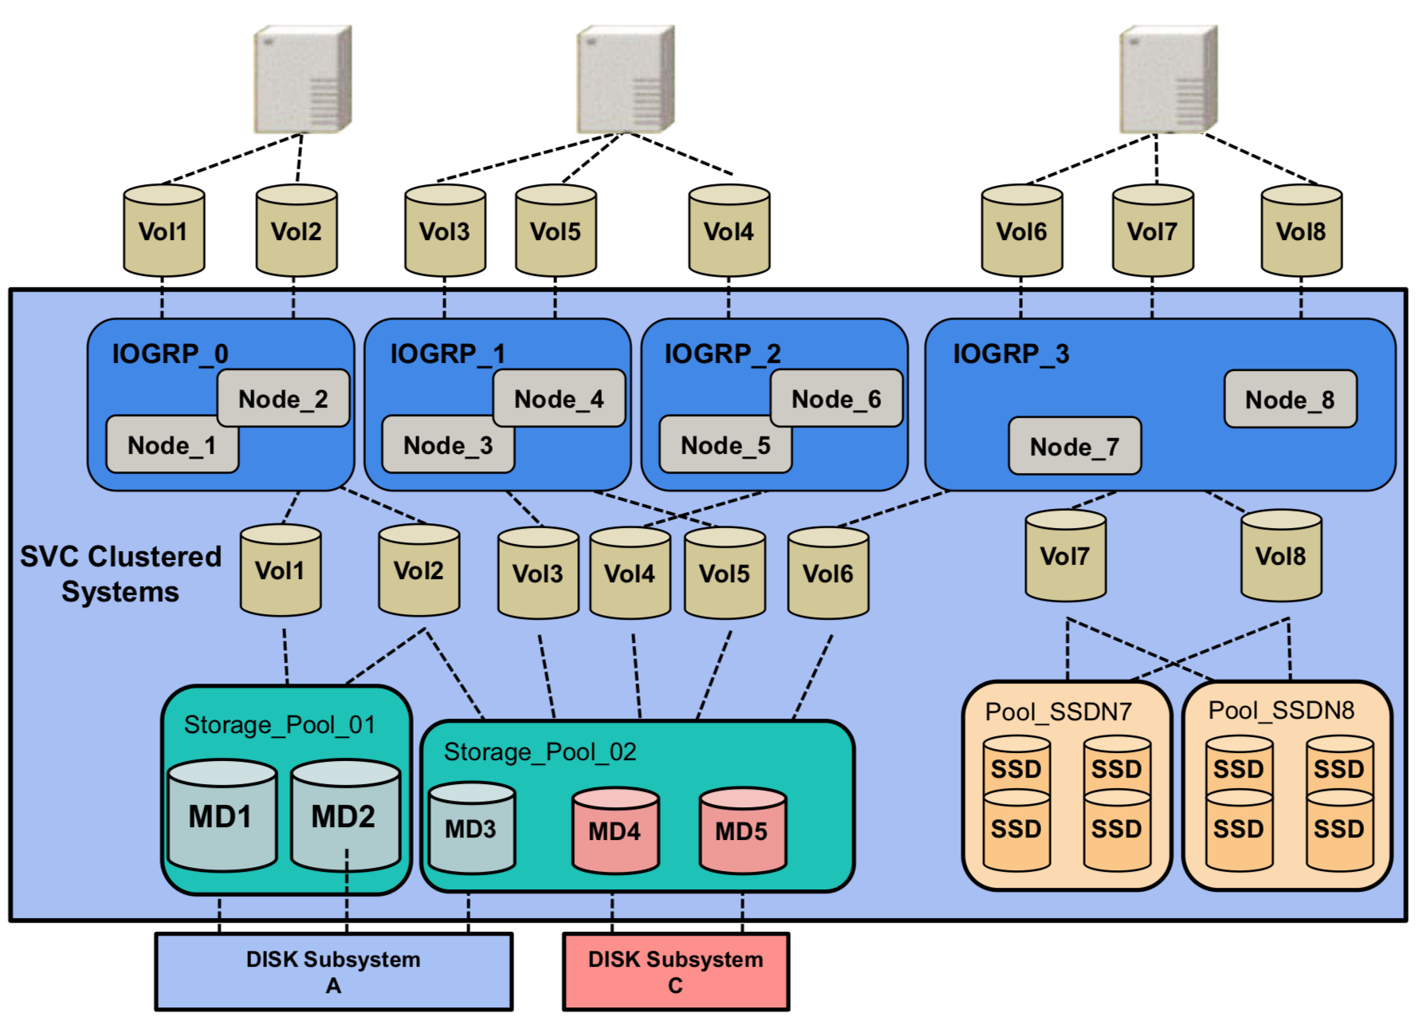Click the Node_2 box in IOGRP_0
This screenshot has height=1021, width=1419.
tap(283, 398)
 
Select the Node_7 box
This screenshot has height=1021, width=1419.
tap(1074, 446)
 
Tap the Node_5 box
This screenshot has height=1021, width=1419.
tap(725, 445)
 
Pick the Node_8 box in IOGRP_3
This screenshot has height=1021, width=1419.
tap(1290, 399)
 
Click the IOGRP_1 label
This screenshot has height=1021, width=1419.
tap(447, 353)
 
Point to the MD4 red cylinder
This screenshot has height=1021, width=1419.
tap(615, 831)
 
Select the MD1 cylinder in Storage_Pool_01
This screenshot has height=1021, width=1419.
tap(221, 816)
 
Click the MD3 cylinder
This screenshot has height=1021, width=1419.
tap(470, 829)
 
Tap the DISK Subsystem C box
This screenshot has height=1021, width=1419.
tap(675, 972)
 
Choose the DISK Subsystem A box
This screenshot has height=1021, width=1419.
tap(333, 972)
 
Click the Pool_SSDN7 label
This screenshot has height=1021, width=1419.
tap(1058, 712)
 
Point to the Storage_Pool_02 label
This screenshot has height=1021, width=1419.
tap(540, 751)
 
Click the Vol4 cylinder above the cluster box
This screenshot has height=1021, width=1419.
tap(729, 231)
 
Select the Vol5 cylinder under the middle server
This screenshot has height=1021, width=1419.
tap(556, 231)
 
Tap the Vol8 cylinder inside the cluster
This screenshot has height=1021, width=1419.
tap(1280, 556)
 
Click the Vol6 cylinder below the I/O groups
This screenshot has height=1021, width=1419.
tap(827, 574)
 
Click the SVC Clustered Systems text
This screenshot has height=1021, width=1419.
tap(120, 574)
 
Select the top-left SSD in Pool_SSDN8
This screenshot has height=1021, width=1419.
tap(1238, 767)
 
